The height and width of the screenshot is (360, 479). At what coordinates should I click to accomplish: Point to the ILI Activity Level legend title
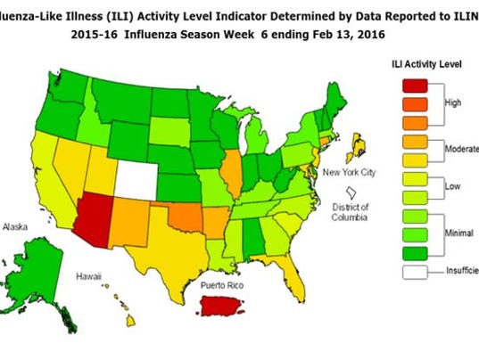(426, 64)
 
